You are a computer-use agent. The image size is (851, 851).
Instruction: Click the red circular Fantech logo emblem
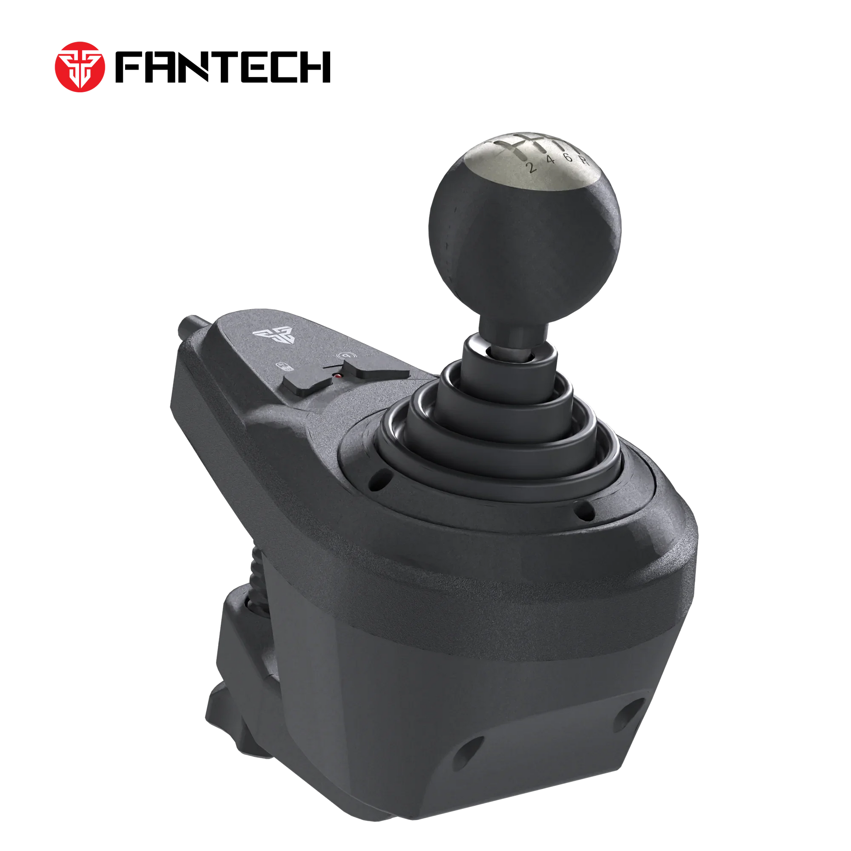tap(80, 67)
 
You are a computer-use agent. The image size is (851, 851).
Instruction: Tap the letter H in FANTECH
tap(314, 67)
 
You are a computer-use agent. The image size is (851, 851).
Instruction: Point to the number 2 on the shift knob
tap(532, 167)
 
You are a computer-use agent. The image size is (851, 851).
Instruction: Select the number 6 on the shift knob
tap(568, 157)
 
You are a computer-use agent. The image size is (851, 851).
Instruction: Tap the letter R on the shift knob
tap(584, 160)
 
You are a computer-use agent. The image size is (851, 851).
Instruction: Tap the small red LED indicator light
tap(338, 376)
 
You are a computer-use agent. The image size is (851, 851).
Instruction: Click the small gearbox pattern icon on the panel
tap(283, 366)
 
